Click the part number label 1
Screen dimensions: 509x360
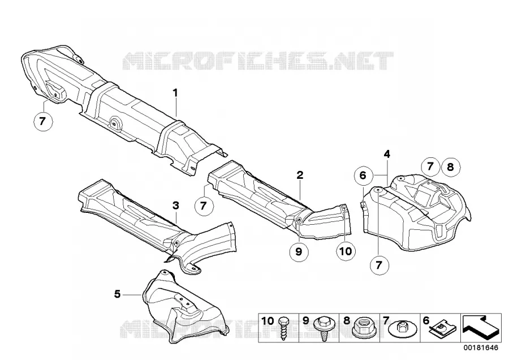click(x=175, y=93)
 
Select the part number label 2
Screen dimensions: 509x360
click(x=300, y=175)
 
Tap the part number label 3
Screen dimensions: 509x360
click(x=176, y=205)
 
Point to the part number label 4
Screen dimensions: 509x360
click(x=387, y=154)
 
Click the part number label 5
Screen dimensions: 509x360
click(x=117, y=294)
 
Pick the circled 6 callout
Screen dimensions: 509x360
click(x=363, y=175)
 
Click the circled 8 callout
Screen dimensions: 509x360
click(x=450, y=167)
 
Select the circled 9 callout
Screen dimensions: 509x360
click(x=299, y=251)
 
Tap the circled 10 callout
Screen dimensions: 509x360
click(x=346, y=251)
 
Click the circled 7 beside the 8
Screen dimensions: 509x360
click(x=430, y=166)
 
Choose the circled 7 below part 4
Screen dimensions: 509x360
click(x=379, y=265)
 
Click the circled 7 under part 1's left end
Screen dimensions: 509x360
click(x=42, y=121)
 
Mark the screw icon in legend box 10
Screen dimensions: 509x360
click(x=282, y=328)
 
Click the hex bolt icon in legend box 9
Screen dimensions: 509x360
click(x=323, y=328)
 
